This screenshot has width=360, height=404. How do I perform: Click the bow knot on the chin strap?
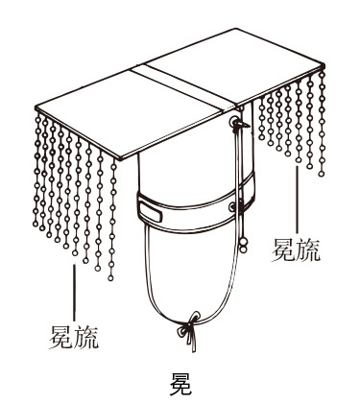pyautogui.click(x=190, y=326)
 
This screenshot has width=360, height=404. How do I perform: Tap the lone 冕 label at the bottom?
pyautogui.click(x=180, y=384)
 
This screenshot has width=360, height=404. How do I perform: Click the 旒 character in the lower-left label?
pyautogui.click(x=86, y=337)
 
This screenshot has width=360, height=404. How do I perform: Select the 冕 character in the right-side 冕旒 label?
pyautogui.click(x=284, y=250)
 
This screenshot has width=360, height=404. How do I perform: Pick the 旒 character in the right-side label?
pyautogui.click(x=308, y=250)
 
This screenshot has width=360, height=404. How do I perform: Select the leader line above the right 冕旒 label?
pyautogui.click(x=297, y=201)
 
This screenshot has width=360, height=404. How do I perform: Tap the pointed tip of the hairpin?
pyautogui.click(x=250, y=126)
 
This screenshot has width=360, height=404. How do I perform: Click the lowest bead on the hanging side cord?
pyautogui.click(x=244, y=249)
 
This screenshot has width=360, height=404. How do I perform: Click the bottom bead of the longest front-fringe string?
pyautogui.click(x=110, y=277)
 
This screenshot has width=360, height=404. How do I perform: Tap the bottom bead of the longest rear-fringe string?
pyautogui.click(x=322, y=174)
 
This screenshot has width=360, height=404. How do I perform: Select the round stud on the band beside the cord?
pyautogui.click(x=232, y=207)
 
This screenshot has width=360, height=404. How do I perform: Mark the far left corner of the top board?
pyautogui.click(x=36, y=108)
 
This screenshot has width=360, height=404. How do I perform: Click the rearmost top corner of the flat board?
pyautogui.click(x=235, y=29)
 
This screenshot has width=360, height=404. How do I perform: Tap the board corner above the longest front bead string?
pyautogui.click(x=120, y=158)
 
